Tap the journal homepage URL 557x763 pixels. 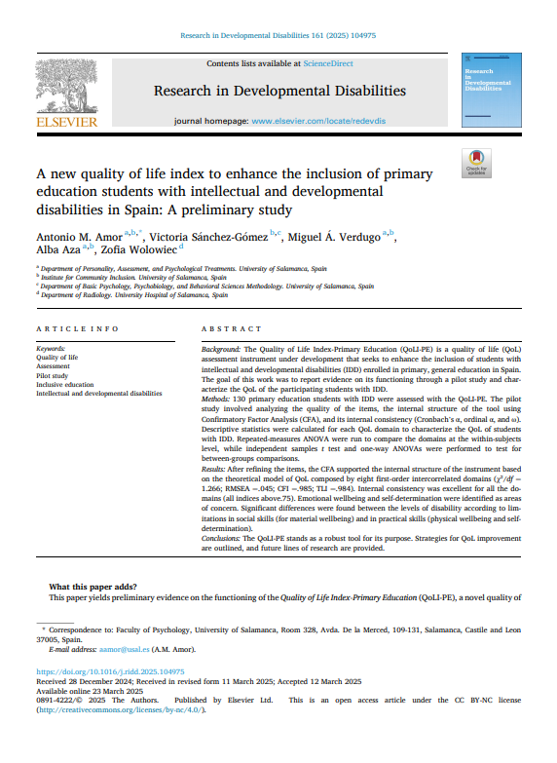click(318, 122)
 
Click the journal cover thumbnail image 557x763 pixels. click(488, 93)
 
